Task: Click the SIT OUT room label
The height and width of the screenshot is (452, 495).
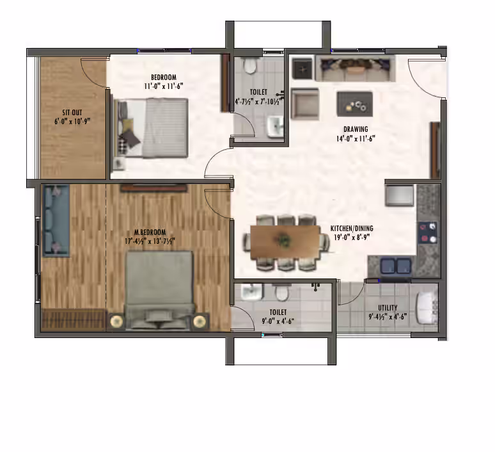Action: tap(72, 113)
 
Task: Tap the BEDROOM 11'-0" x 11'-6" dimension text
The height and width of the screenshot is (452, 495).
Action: tap(164, 86)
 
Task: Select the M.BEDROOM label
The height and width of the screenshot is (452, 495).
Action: tap(150, 232)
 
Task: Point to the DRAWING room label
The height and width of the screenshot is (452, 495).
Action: tap(356, 129)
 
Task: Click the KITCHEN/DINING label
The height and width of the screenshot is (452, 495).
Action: tap(352, 229)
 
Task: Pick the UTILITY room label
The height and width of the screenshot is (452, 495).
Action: tap(388, 308)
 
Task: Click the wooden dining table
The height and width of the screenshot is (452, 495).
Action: tap(285, 242)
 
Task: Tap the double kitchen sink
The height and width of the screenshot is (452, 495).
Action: tap(396, 266)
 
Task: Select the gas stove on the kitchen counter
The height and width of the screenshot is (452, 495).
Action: tap(428, 232)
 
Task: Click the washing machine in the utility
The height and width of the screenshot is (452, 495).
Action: tap(427, 308)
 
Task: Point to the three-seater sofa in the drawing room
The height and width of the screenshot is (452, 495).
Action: tap(355, 69)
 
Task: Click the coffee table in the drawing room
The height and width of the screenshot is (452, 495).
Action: tap(354, 104)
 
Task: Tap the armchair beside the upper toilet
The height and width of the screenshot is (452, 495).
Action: tap(304, 104)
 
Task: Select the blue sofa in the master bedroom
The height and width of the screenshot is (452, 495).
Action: tap(56, 220)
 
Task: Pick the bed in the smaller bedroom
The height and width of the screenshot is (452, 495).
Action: tap(151, 127)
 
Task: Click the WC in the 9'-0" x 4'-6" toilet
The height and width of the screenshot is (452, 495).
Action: tap(281, 293)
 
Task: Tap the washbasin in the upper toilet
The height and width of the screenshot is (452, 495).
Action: tap(276, 127)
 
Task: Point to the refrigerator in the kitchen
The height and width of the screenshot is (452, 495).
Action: tap(399, 195)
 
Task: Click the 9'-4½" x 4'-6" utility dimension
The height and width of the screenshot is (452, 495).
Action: tap(388, 316)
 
